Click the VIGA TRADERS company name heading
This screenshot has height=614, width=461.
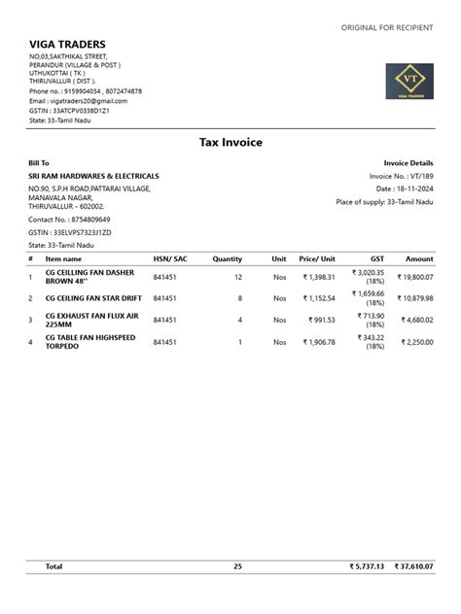tap(67, 44)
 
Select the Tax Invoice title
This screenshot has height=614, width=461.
tap(230, 142)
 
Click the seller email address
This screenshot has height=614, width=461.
tap(78, 101)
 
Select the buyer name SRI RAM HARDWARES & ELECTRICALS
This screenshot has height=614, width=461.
tap(93, 176)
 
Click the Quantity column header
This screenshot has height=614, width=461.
tap(227, 259)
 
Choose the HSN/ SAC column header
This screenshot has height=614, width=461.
tap(169, 259)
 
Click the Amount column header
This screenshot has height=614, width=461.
tap(419, 259)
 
